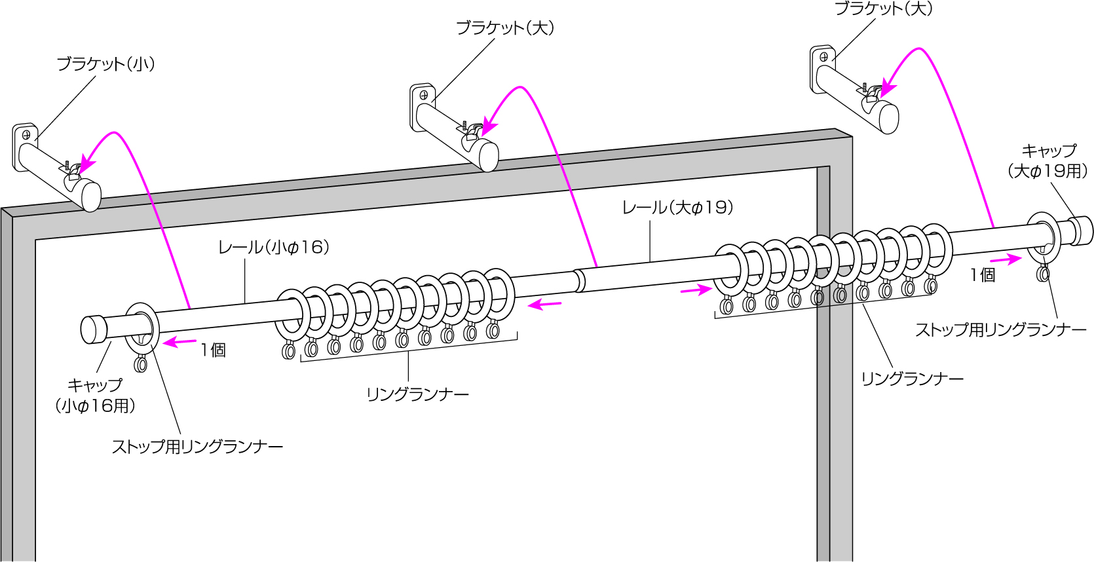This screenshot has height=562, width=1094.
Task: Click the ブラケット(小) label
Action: (105, 64)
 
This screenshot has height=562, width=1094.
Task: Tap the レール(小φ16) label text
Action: (273, 248)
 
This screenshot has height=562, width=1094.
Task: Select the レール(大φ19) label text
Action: (677, 208)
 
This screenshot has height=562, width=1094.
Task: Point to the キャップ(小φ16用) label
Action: (96, 396)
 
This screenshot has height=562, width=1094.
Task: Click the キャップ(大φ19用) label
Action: (1047, 161)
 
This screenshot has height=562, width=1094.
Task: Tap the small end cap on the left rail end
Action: (93, 329)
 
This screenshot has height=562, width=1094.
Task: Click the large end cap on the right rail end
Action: (1082, 231)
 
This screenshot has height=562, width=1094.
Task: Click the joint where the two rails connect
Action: (579, 280)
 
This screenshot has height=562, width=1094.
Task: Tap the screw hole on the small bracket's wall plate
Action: (27, 136)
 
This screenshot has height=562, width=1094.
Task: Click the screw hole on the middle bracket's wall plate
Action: (424, 95)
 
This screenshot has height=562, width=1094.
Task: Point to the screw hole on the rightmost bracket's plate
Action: (823, 57)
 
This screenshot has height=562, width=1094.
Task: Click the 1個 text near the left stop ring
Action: (214, 350)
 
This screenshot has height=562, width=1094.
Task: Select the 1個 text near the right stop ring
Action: (983, 276)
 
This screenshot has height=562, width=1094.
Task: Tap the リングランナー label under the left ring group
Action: (417, 395)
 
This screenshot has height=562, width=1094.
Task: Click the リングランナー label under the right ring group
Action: (912, 379)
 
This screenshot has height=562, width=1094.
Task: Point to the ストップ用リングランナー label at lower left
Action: (197, 447)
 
